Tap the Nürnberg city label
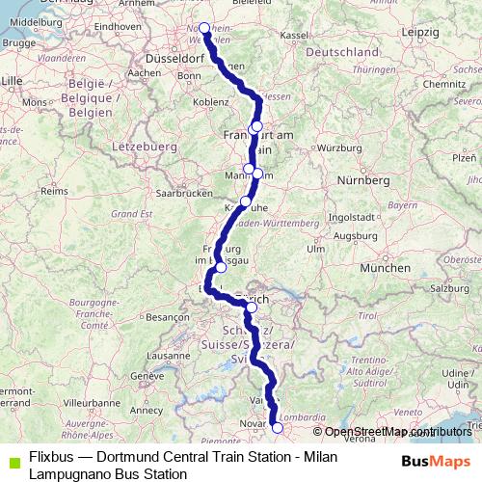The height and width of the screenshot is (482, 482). [x=363, y=180]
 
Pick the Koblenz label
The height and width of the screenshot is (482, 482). [x=183, y=100]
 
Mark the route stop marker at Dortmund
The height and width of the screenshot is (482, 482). [x=204, y=28]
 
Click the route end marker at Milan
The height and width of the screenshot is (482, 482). [x=278, y=428]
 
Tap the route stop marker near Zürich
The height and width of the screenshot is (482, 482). [x=252, y=308]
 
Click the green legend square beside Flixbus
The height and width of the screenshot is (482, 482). [x=11, y=460]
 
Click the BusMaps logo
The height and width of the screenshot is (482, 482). [x=436, y=462]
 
